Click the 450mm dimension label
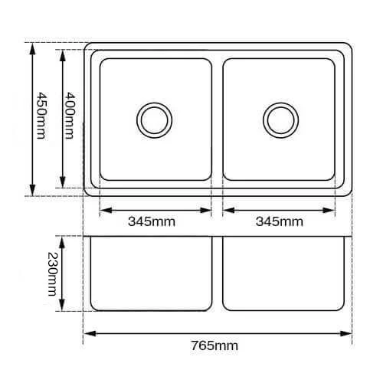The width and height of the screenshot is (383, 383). coord(41,116)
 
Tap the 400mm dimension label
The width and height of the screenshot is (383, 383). coord(70,116)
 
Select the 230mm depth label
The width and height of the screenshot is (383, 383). coord(53,274)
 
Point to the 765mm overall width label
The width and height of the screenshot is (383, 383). coord(214,345)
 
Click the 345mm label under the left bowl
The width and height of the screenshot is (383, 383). coord(152,221)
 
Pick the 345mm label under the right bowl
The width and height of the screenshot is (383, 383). coord(280,221)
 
